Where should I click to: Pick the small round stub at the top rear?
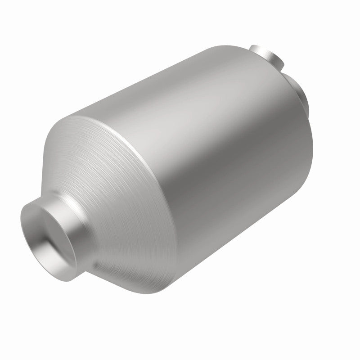coord(265,56)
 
